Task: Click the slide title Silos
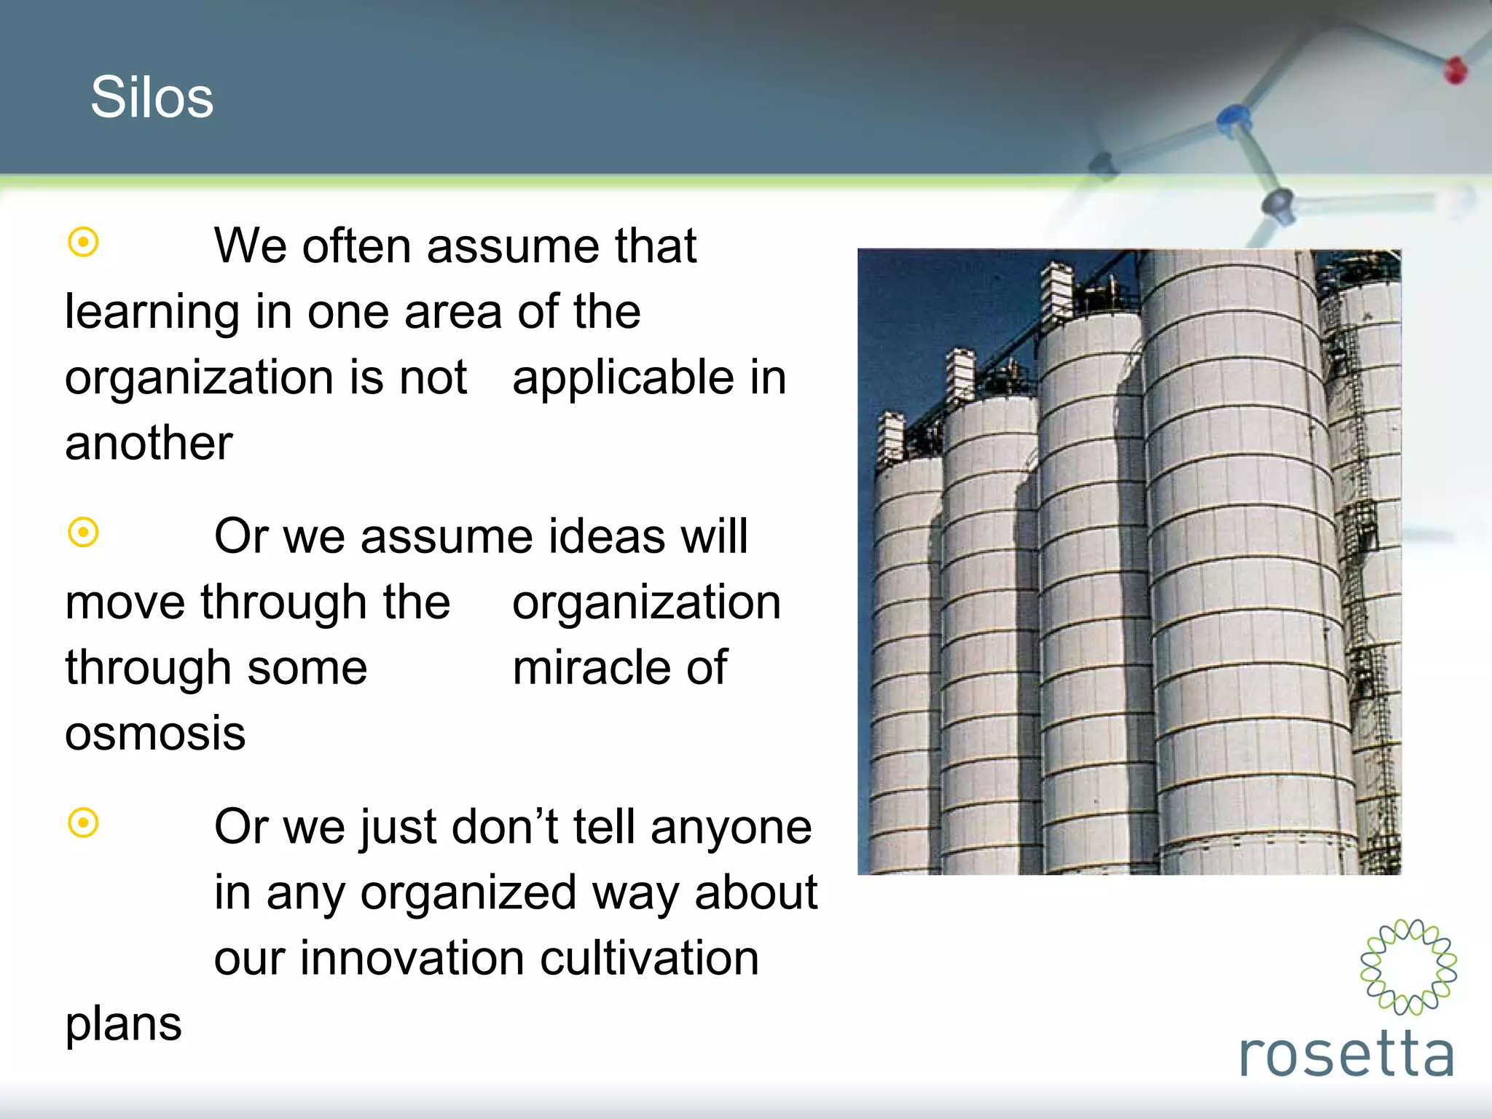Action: tap(152, 98)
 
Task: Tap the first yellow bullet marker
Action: tap(83, 242)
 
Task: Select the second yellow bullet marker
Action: tap(83, 533)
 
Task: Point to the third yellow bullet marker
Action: tap(83, 823)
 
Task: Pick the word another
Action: tap(149, 443)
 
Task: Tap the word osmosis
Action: tap(155, 733)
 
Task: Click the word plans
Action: tap(123, 1025)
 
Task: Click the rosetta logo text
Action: tap(1346, 1054)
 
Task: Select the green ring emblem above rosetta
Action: tap(1408, 967)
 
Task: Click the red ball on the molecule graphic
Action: tap(1455, 70)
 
